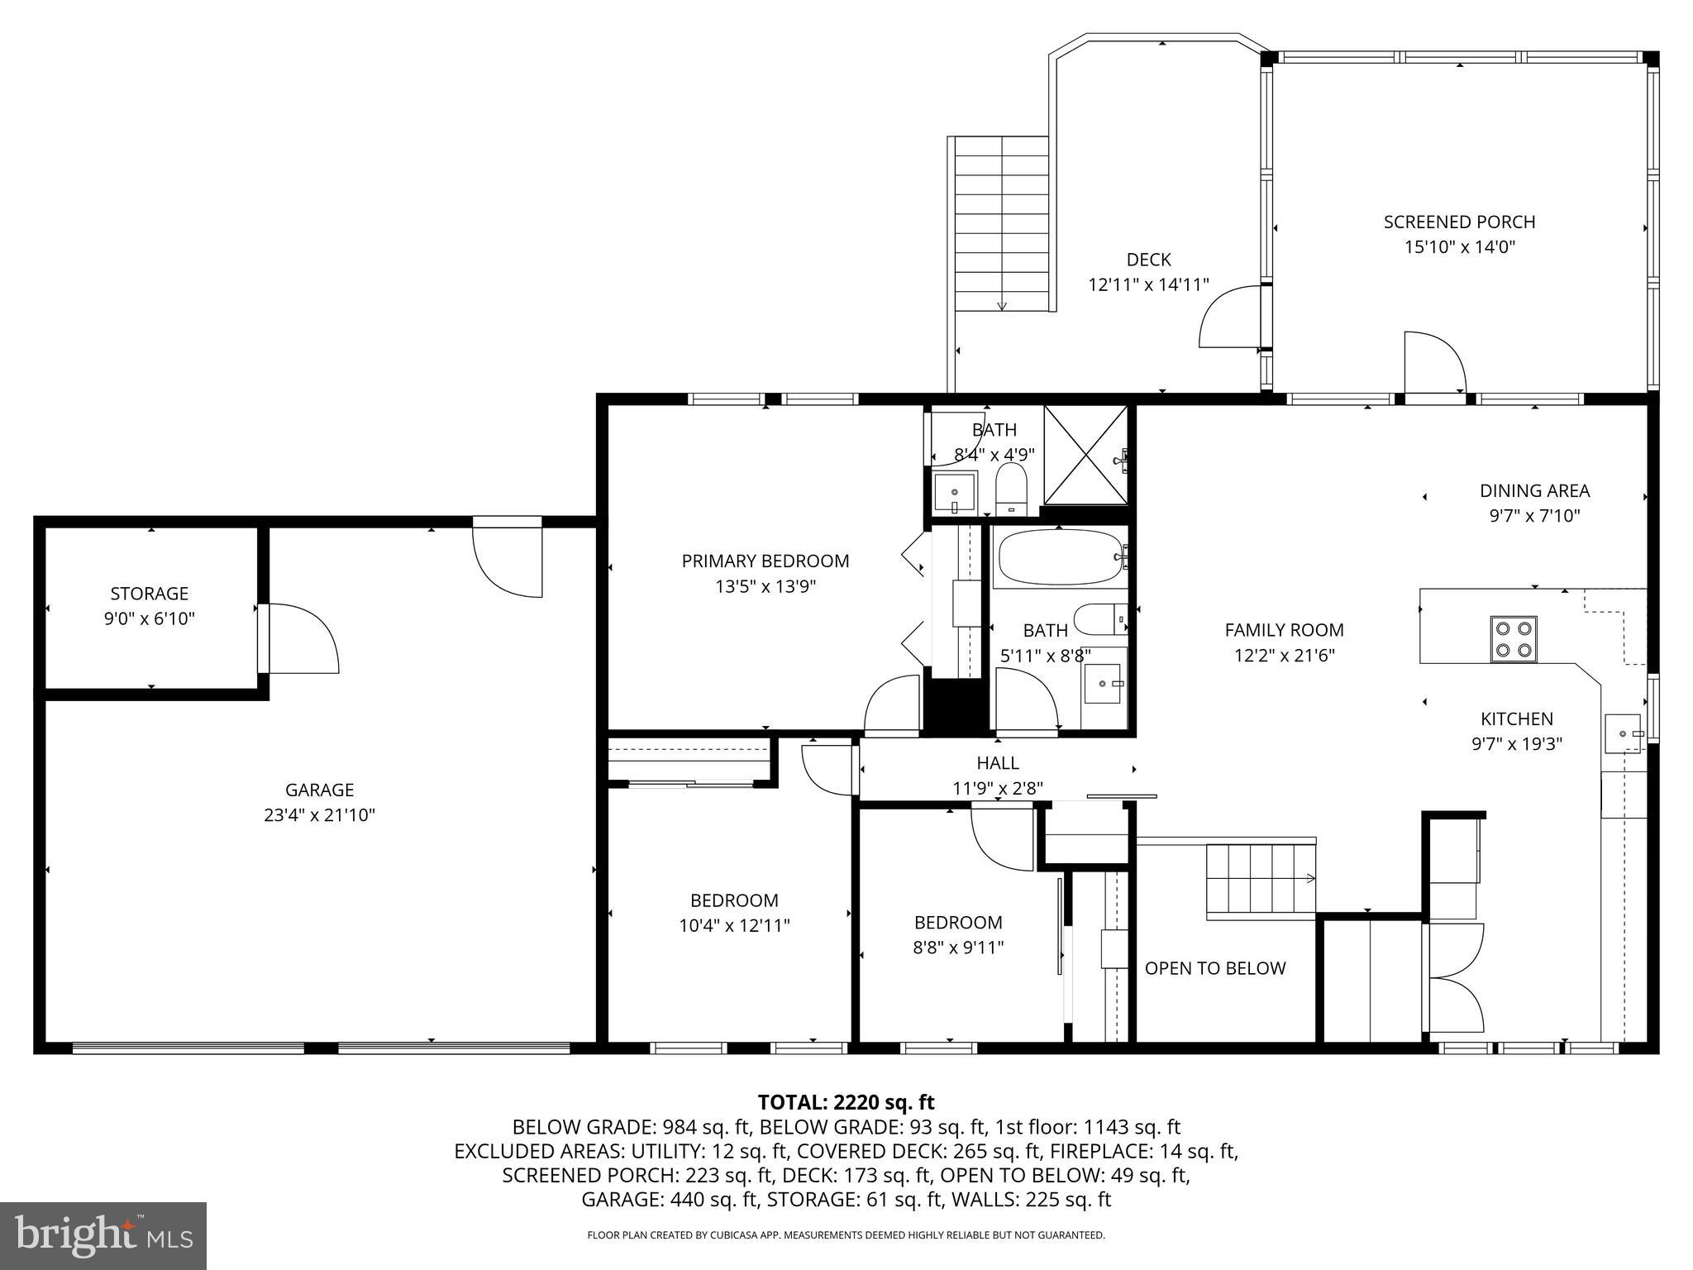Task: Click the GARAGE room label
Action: pos(319,790)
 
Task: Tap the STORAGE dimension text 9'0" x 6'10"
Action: pos(150,618)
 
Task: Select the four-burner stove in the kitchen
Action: pos(1513,639)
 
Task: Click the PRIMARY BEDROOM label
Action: pos(765,561)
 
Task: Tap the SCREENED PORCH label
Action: pos(1459,222)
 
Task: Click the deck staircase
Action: pos(1001,223)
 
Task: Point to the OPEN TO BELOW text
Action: pos(1214,968)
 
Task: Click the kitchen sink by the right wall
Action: pos(1623,733)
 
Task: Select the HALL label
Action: pos(997,762)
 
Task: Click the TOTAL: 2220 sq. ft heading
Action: pos(846,1102)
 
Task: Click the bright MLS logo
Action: pos(103,1236)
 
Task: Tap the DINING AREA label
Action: pos(1533,491)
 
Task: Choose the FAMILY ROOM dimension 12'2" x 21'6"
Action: pos(1284,656)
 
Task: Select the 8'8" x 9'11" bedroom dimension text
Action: pos(957,948)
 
